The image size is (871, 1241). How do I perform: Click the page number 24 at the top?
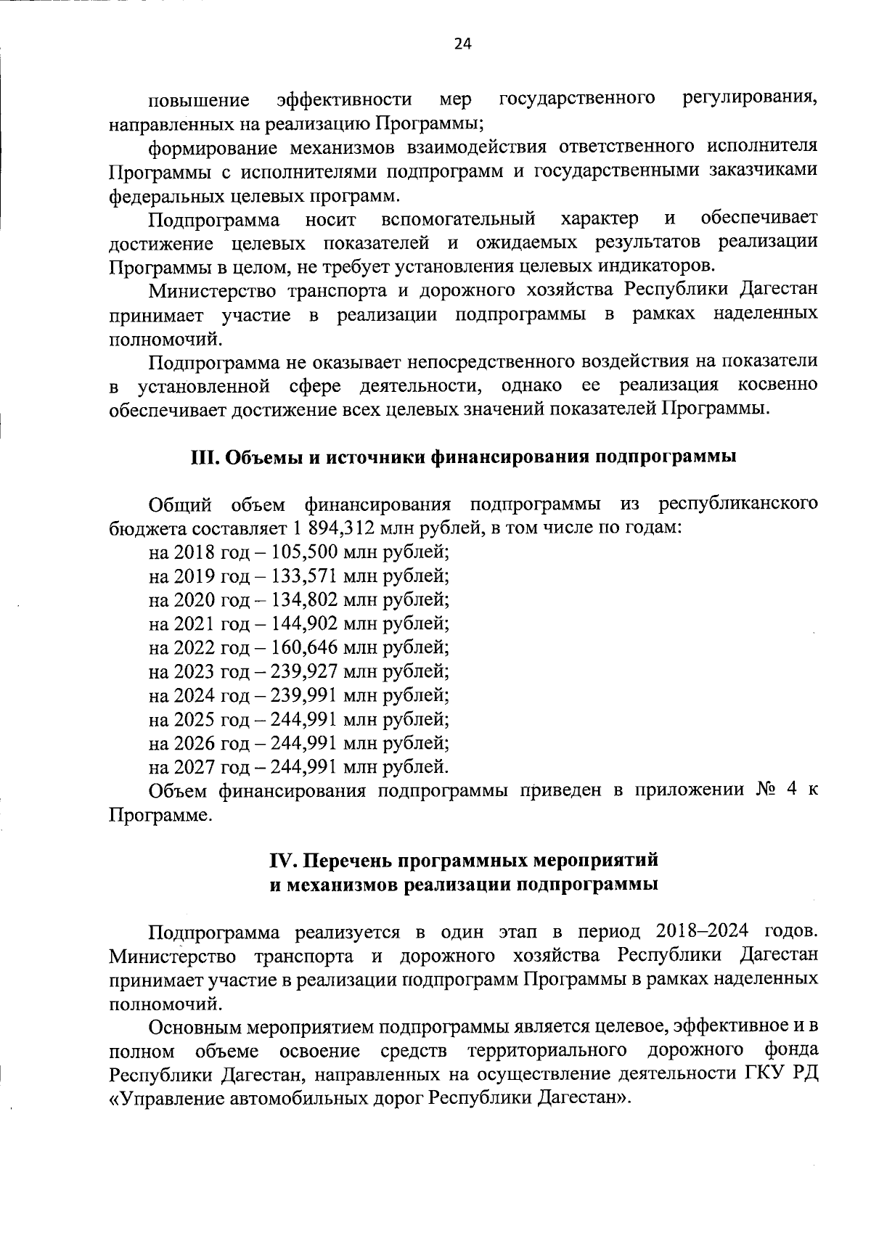click(x=462, y=44)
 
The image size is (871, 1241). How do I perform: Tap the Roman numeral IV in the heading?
click(x=283, y=861)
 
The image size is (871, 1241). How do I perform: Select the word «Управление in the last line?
click(x=165, y=1097)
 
